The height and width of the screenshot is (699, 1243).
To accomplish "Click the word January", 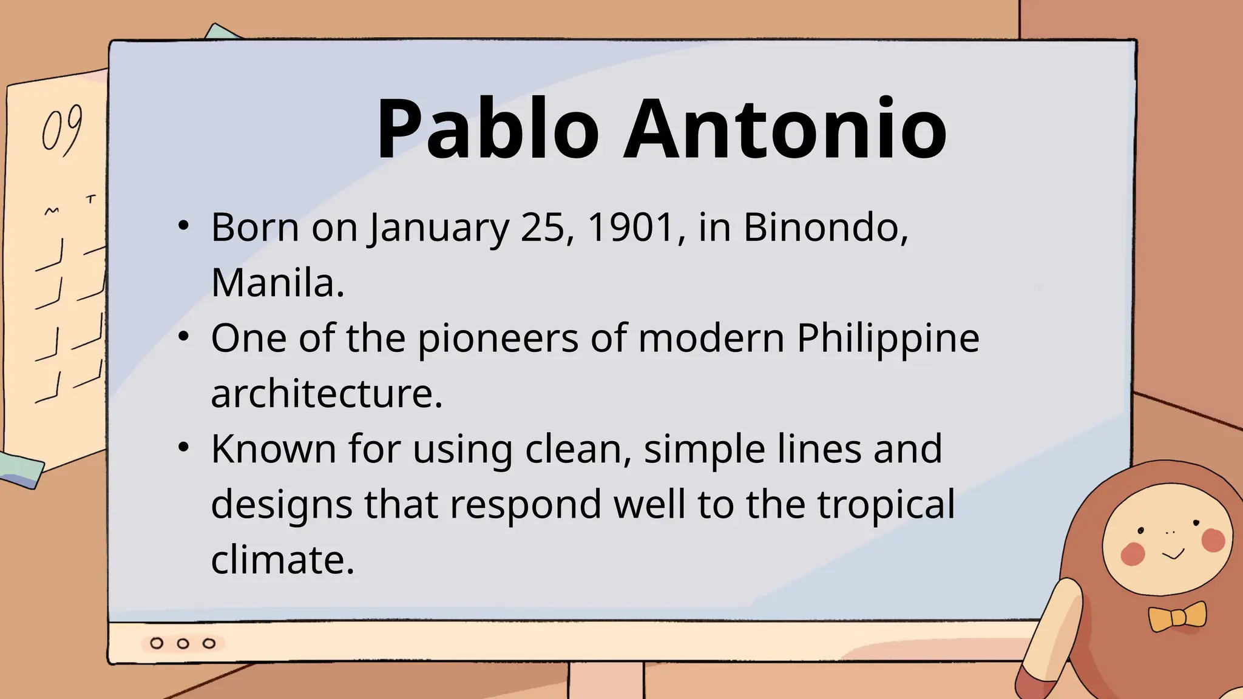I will click(439, 229).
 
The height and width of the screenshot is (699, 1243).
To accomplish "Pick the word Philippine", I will click(887, 339).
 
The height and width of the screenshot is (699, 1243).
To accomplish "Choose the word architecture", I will click(327, 394).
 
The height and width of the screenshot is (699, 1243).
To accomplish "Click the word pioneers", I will click(498, 339).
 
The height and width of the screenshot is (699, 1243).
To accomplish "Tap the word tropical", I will click(886, 505).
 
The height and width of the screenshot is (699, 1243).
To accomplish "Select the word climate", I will click(282, 559).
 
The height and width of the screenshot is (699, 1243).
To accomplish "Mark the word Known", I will click(273, 449).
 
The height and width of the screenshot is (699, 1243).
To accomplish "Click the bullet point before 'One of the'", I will click(184, 337).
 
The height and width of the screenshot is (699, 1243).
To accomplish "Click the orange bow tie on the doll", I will click(1177, 617).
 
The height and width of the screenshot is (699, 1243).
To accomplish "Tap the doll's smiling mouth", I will click(1173, 554).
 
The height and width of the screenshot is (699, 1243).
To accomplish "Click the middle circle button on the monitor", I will click(183, 643).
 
